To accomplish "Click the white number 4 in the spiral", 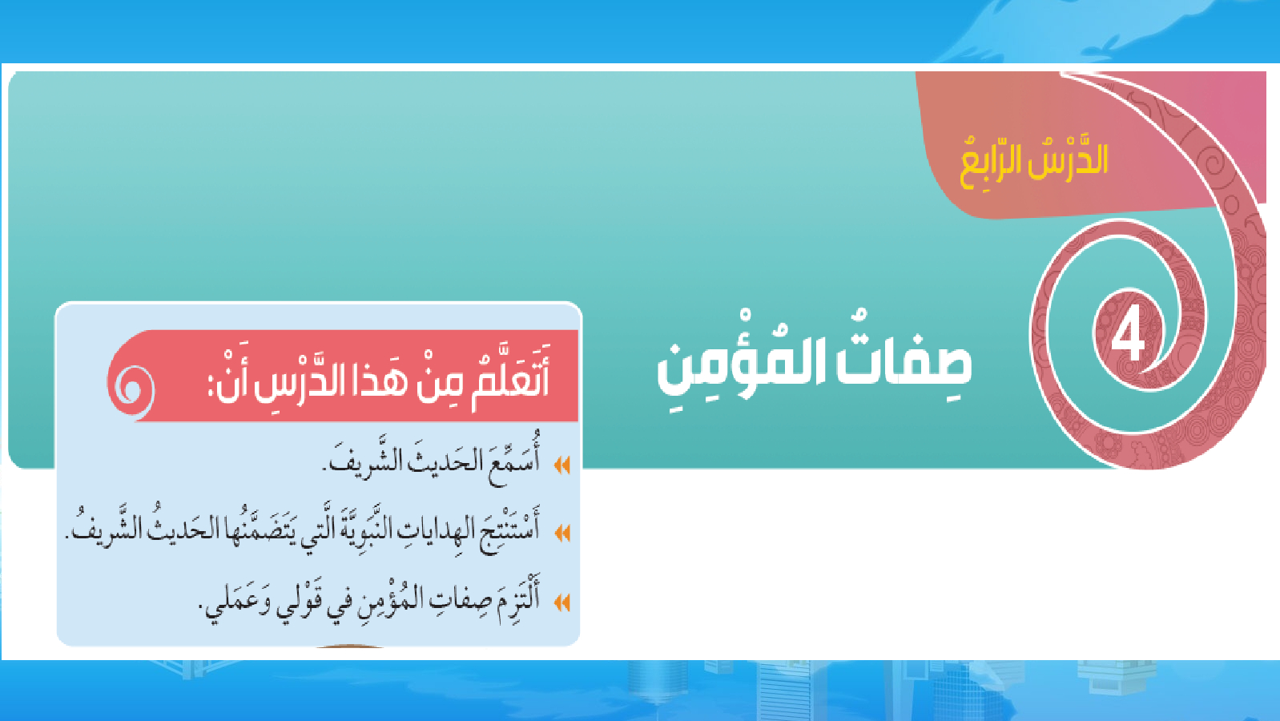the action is [x=1128, y=337].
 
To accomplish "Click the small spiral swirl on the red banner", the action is [x=131, y=389].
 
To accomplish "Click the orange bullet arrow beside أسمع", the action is [x=562, y=465].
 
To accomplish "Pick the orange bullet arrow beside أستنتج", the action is [x=562, y=533].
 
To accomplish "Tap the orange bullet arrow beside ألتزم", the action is [x=562, y=602].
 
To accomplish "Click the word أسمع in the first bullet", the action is [x=513, y=461].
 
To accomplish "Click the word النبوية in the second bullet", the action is [x=380, y=528].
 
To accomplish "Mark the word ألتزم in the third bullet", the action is [x=517, y=598].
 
